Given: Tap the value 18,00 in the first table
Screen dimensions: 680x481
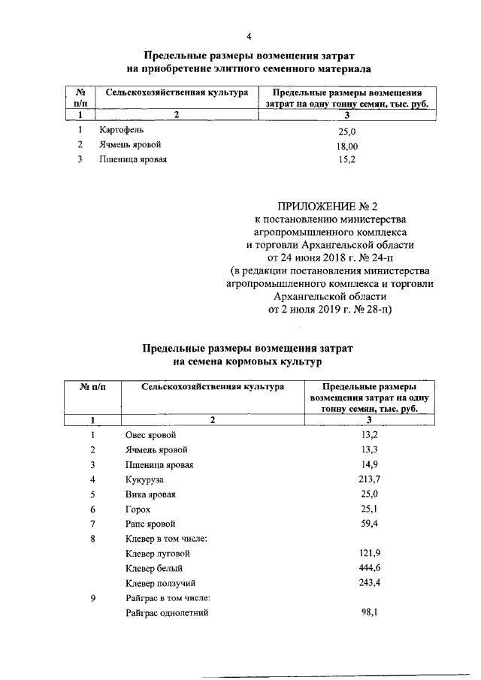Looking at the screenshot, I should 346,146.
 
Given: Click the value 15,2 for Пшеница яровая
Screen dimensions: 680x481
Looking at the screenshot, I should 346,160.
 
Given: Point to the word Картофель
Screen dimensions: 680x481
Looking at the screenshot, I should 120,130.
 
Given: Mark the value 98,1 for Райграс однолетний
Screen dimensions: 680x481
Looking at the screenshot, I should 369,612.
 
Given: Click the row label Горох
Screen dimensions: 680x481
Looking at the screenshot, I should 137,509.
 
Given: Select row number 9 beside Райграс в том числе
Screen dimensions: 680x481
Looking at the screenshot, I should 92,597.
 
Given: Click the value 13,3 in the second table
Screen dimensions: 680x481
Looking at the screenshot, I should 369,450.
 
